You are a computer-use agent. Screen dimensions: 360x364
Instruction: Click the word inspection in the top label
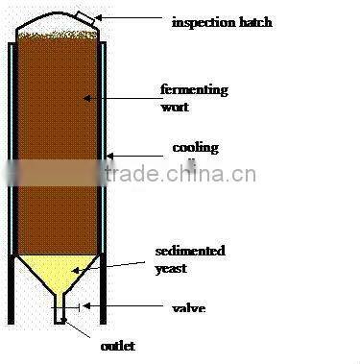tap(203, 20)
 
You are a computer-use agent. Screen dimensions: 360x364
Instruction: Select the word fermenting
tap(194, 90)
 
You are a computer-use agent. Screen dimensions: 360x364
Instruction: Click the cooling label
tap(195, 148)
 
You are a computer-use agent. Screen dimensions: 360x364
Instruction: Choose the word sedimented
tap(189, 251)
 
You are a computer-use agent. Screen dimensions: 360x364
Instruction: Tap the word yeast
tap(171, 268)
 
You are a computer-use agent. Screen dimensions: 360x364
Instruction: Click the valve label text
tap(188, 308)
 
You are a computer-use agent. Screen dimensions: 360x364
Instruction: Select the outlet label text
tap(118, 346)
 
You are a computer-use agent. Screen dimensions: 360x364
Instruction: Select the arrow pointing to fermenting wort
tap(123, 95)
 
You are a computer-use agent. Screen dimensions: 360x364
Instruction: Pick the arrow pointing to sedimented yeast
tap(125, 262)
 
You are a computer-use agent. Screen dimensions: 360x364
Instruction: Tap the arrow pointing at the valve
tap(115, 307)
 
